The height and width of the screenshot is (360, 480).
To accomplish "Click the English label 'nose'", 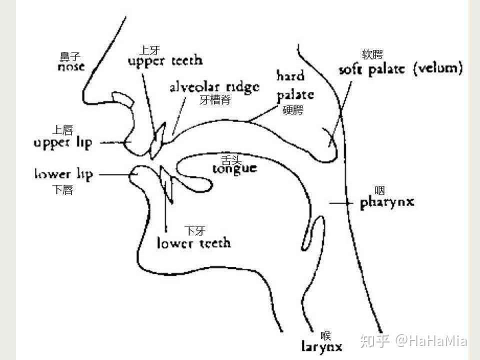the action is point(71,66).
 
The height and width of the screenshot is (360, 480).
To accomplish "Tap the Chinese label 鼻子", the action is point(70,57).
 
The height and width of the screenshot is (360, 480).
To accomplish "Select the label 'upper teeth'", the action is point(165,61).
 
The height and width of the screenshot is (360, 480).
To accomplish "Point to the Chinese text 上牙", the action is point(149,50).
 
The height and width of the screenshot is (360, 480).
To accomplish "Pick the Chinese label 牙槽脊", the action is point(215,100).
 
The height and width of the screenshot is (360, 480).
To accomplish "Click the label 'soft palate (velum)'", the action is point(400,68).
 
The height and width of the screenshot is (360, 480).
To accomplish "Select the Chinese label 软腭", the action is point(372,55).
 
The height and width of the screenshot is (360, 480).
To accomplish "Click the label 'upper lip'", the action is point(63,143).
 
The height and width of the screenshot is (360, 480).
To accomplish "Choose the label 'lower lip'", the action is point(63,174).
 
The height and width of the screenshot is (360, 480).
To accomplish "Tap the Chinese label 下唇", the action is point(62,190).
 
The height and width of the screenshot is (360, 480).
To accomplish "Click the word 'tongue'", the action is point(234,168).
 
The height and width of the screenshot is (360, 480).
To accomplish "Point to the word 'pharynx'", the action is point(387,202).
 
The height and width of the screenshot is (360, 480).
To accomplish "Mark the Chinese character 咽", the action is point(379,190).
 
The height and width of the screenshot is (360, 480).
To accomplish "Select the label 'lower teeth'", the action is point(194,243).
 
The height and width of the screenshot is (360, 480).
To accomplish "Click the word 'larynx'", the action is point(322,346).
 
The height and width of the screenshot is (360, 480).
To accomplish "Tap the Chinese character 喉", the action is point(326,336).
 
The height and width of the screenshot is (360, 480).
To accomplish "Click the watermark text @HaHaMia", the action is point(431,341).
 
